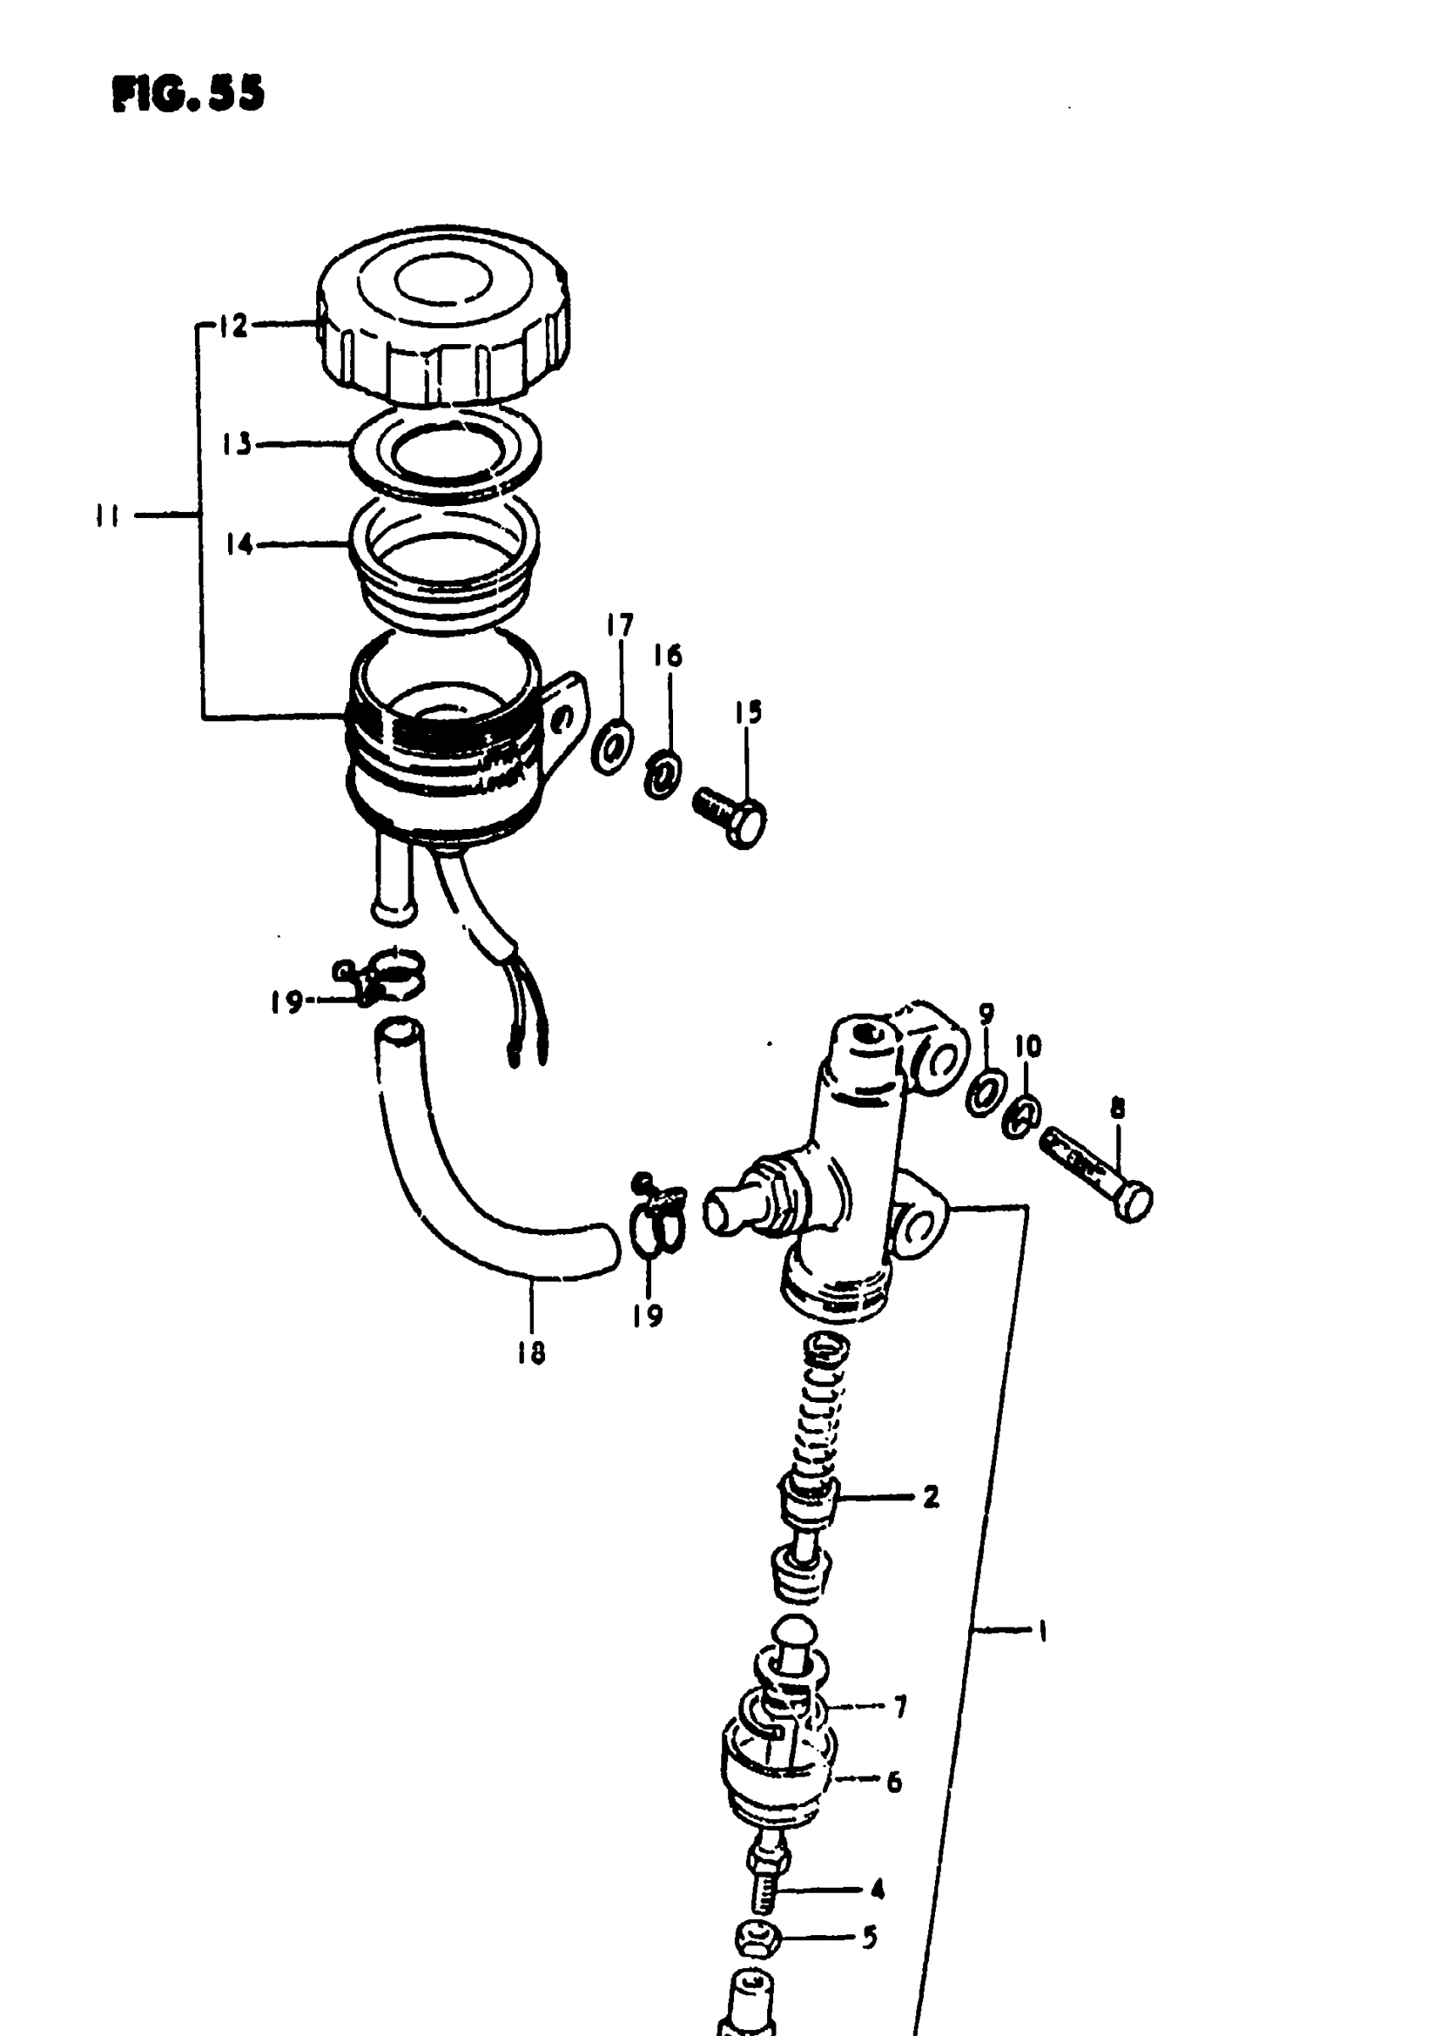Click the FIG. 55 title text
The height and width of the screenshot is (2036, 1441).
point(188,93)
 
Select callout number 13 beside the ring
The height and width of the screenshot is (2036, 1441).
point(236,443)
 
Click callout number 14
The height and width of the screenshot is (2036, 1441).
point(239,544)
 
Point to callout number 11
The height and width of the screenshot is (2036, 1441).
point(108,515)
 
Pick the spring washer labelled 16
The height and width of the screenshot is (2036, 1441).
point(663,774)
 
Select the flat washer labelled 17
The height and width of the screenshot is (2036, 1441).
point(612,747)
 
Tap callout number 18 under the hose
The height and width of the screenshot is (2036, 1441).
point(531,1354)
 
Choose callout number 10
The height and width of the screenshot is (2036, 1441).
point(1027,1047)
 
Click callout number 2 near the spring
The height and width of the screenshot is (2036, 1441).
point(930,1499)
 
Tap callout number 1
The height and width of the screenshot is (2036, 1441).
point(1043,1631)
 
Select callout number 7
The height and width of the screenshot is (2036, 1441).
point(899,1707)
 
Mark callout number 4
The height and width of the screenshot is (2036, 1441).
point(876,1889)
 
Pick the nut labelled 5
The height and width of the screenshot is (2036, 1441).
point(757,1939)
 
